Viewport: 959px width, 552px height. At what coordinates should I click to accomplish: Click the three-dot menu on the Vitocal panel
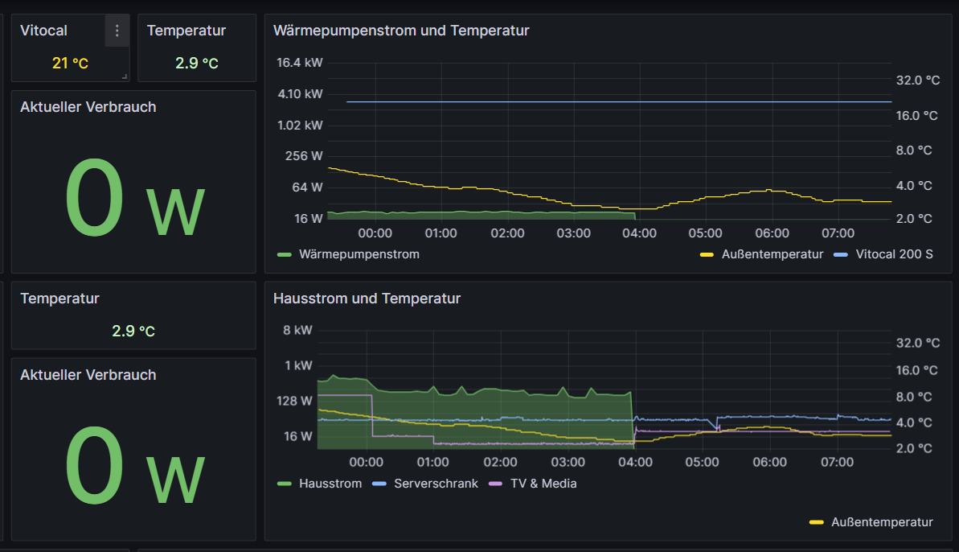(x=117, y=31)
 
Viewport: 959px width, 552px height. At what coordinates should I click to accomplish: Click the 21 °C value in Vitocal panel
(x=70, y=63)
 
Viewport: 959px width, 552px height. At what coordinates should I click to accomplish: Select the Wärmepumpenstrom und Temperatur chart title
(x=401, y=31)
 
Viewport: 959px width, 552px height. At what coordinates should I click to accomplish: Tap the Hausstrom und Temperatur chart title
(x=367, y=299)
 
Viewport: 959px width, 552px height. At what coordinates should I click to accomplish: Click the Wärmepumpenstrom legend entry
(x=359, y=254)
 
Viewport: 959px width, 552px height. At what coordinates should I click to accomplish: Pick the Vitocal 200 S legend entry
(x=894, y=254)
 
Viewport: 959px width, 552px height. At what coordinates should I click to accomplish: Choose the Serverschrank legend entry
(x=436, y=484)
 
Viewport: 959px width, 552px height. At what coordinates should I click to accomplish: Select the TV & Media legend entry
(x=543, y=484)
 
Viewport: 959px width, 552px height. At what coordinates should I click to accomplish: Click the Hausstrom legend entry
(x=330, y=484)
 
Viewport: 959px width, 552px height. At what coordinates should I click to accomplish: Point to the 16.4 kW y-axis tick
(x=299, y=63)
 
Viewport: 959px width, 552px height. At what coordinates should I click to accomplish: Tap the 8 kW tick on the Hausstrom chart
(x=297, y=330)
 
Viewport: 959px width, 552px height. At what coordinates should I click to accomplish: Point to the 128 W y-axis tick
(x=295, y=401)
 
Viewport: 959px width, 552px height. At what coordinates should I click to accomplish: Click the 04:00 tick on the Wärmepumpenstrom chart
(x=639, y=233)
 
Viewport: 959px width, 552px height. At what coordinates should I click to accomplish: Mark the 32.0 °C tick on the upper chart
(x=917, y=80)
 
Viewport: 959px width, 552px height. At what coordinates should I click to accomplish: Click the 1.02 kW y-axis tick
(x=300, y=125)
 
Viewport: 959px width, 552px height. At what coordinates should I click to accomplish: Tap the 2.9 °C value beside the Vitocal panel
(x=197, y=63)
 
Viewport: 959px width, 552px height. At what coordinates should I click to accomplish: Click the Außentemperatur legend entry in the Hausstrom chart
(x=882, y=522)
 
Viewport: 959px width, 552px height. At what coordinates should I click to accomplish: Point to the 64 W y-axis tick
(x=307, y=187)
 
